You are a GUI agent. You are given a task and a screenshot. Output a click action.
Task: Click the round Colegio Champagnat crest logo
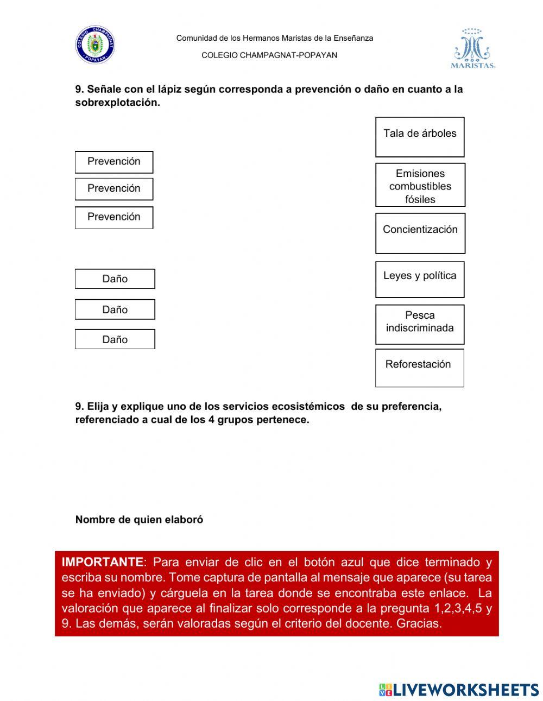(95, 45)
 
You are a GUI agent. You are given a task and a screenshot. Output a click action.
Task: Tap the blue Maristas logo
(472, 49)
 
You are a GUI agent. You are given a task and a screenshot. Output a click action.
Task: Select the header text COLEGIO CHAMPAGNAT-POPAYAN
(269, 55)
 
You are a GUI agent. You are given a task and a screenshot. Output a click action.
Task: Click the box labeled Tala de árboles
(420, 136)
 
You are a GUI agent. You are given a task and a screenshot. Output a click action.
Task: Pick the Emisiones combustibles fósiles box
(420, 185)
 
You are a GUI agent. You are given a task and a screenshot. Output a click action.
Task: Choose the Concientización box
(420, 233)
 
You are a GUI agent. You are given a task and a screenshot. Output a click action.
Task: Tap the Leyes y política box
(420, 279)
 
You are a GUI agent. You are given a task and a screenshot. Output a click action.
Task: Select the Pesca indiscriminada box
(420, 324)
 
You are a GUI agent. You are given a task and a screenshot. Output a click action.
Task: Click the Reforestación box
(419, 368)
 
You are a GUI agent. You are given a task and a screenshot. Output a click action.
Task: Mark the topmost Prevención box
(114, 162)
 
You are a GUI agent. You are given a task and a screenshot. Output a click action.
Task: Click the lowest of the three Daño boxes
(115, 339)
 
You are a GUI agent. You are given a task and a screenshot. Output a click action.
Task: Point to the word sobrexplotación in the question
(117, 103)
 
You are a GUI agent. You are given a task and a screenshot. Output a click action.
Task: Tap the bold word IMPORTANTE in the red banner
(102, 562)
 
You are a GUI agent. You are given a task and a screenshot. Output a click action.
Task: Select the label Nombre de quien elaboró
(139, 520)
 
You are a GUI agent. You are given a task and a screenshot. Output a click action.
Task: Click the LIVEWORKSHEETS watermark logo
(459, 690)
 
